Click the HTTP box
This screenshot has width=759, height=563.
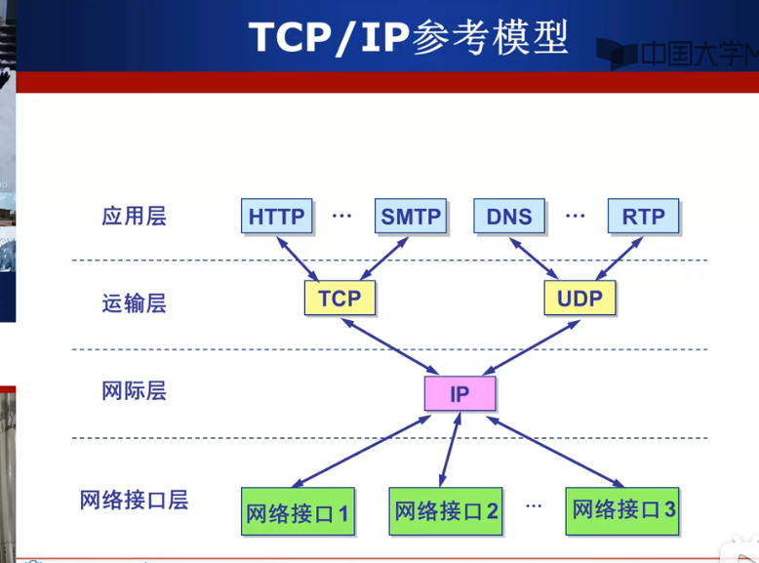(277, 216)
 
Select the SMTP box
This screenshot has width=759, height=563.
(411, 216)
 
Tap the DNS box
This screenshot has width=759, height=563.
(509, 216)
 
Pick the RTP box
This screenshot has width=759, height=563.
(643, 216)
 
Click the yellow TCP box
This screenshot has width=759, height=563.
(340, 298)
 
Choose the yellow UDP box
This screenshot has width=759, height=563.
(579, 298)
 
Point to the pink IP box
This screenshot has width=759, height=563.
(459, 394)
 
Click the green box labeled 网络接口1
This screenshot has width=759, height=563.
(297, 512)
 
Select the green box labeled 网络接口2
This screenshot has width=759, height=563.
(447, 510)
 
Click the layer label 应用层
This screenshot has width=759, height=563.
(134, 216)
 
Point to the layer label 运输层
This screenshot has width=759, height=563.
(134, 303)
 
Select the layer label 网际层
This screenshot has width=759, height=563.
(134, 391)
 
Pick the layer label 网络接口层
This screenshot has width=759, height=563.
(134, 501)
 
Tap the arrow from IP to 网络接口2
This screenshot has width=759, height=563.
(451, 449)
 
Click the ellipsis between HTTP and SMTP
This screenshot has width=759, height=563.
(341, 215)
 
